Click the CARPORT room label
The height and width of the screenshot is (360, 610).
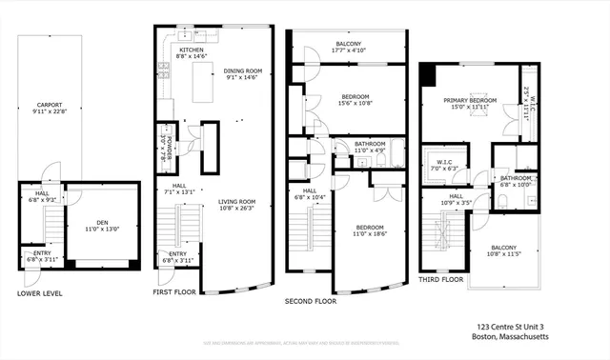(50, 105)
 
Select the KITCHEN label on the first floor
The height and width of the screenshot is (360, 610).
(193, 50)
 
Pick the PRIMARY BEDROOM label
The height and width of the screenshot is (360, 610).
(471, 100)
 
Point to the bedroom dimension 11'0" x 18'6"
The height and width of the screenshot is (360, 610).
(371, 231)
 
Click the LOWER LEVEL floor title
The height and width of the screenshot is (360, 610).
(40, 293)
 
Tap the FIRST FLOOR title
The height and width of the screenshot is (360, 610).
(174, 292)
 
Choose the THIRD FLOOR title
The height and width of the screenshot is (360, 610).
(441, 280)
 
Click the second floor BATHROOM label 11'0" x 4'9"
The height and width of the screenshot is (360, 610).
(370, 146)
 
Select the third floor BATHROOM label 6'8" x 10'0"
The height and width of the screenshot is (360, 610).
(517, 181)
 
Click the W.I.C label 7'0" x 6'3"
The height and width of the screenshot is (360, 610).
(444, 165)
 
